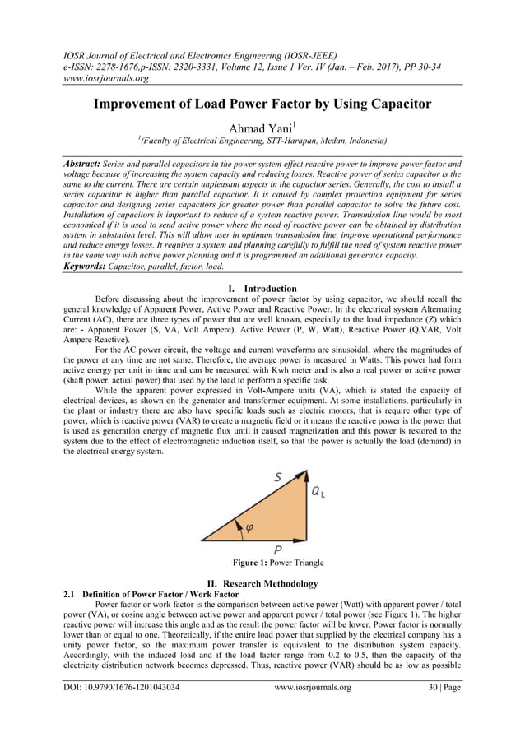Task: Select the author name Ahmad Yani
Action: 261,127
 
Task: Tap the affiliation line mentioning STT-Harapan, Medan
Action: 262,141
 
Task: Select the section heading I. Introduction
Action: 262,289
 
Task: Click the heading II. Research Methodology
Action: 262,583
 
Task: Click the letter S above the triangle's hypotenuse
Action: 278,476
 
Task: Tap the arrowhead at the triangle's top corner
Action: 306,475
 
